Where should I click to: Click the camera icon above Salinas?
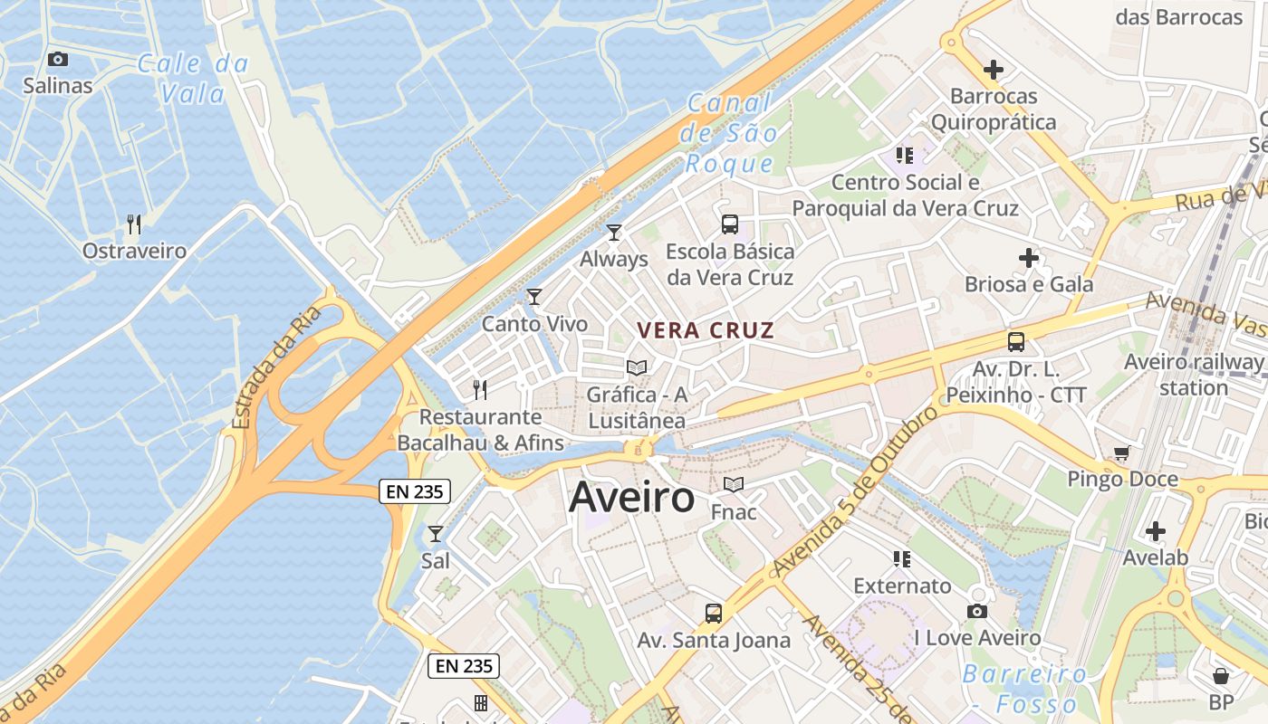click(58, 60)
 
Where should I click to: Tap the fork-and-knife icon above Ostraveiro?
click(134, 224)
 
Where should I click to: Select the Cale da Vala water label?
click(193, 79)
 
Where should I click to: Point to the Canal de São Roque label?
click(730, 133)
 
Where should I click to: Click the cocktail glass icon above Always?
click(614, 233)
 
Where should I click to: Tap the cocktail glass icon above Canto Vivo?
click(534, 297)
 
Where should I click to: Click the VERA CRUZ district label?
click(706, 330)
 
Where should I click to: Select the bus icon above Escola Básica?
click(730, 224)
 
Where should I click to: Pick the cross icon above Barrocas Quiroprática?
click(994, 69)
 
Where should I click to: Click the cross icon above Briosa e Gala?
click(1029, 258)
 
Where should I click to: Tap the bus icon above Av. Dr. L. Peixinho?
click(1016, 342)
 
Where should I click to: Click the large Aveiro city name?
click(632, 498)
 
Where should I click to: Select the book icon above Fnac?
click(734, 485)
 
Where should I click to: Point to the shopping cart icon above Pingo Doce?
click(1122, 452)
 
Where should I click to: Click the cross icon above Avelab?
click(1155, 531)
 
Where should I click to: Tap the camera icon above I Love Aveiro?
click(977, 612)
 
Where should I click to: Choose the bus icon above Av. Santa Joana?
click(714, 614)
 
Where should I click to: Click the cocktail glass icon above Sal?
click(436, 534)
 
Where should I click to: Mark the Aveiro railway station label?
click(1193, 375)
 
